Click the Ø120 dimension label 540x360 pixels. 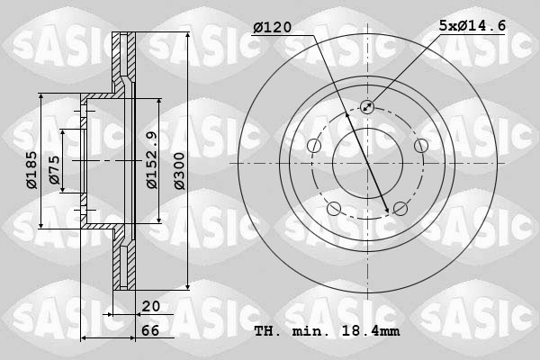(273, 27)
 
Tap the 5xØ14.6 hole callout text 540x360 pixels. (472, 27)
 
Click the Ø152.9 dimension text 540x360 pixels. (152, 160)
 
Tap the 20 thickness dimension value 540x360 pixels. (150, 307)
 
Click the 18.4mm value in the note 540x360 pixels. (374, 332)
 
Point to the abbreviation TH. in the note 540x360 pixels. (268, 332)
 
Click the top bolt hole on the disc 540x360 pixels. (367, 107)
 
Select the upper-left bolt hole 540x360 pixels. (314, 146)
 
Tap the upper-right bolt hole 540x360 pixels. (420, 146)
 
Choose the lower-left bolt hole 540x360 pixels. (334, 209)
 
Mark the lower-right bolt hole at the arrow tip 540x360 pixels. (400, 209)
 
